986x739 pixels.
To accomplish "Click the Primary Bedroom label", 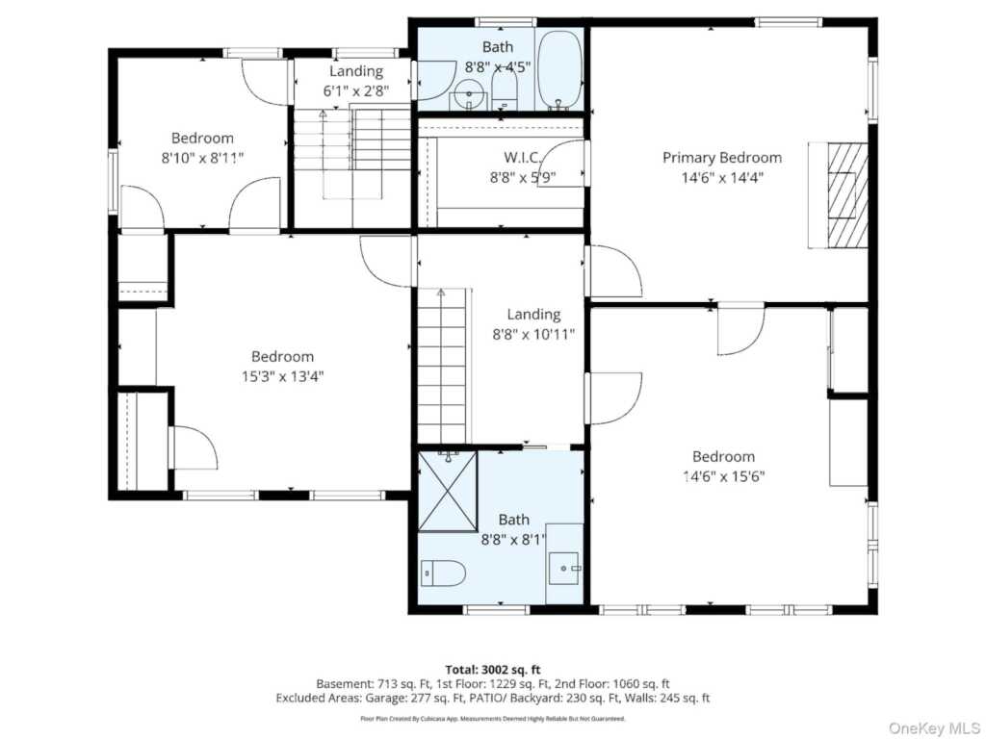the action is pos(722,157).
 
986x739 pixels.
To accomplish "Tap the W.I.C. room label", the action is pos(522,157).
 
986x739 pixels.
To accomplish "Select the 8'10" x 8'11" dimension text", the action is pos(202,158).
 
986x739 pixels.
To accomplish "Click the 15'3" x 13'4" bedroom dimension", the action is pos(282,376).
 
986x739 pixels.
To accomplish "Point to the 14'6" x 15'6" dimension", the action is pos(723,476).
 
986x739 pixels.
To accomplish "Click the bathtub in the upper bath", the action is pos(559,70).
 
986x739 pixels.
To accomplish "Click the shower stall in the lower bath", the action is pos(448,492).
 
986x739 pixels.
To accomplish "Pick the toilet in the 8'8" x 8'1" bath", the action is pos(443,573).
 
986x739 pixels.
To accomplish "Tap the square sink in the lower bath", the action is pos(564,568).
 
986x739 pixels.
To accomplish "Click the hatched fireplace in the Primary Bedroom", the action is pos(846,195).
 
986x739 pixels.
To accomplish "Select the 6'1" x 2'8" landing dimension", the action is pos(356,91).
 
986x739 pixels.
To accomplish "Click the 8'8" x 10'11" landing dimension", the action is pos(533,334).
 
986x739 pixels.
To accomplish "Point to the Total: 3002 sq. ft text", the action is pos(492,670).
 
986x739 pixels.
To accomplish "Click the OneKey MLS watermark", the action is pos(934,727).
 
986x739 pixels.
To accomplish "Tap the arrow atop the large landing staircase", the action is pos(441,293).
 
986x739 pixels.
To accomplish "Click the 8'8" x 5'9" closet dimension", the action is pos(523,178).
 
